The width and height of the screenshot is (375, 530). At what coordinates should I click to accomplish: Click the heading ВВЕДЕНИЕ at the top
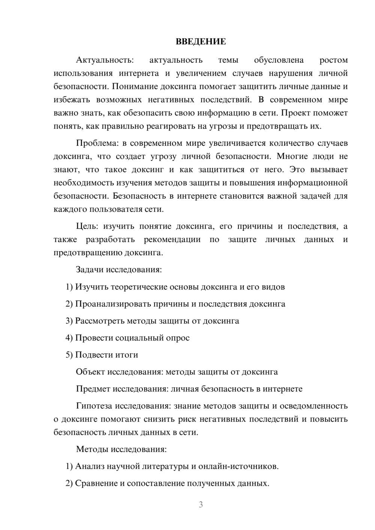tap(201, 42)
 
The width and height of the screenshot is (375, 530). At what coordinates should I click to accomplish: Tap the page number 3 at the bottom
tap(201, 505)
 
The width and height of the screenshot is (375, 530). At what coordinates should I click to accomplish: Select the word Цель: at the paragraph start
tap(87, 226)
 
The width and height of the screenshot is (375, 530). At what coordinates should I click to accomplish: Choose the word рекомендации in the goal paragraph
tap(172, 240)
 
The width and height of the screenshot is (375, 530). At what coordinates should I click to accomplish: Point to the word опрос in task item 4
tap(177, 338)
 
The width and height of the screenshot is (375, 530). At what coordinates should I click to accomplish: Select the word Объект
tap(90, 372)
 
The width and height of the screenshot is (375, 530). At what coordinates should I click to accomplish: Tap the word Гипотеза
tap(94, 406)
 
